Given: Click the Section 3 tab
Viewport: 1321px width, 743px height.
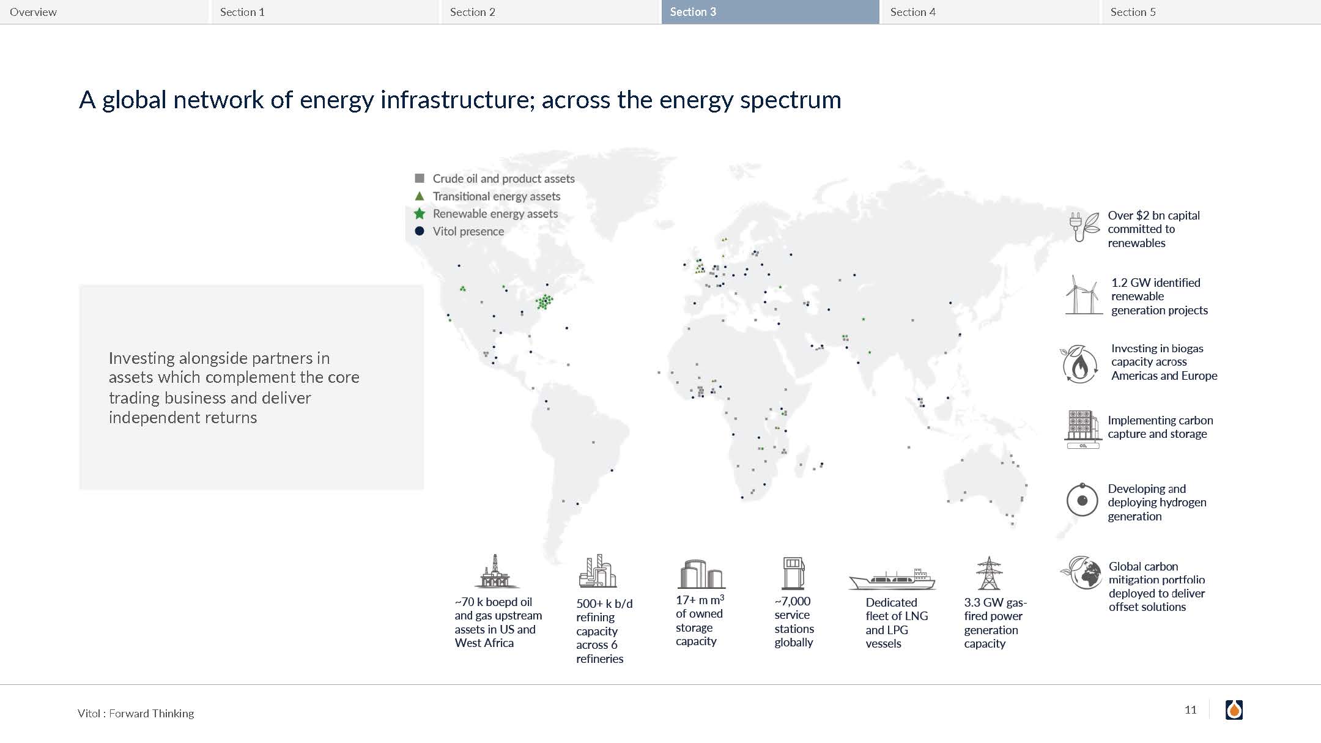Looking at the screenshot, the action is point(770,12).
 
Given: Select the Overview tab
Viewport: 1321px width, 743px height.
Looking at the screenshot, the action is point(104,12).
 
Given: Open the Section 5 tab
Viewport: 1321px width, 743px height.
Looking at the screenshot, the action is point(1211,12).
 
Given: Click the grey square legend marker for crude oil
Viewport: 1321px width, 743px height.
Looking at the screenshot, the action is point(420,179).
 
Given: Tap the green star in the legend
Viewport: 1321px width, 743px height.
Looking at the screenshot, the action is point(420,213).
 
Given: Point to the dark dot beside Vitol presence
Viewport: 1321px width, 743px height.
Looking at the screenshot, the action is point(420,231).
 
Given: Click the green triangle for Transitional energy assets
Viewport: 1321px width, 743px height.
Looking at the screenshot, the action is point(420,196).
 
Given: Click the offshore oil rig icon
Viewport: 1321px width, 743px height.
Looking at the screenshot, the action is point(496,571).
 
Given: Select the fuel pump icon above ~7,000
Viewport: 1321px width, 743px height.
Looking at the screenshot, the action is point(793,573).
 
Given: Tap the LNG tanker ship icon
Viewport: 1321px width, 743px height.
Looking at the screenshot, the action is point(892,579).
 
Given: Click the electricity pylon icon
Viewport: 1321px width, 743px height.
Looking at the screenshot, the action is point(988,573).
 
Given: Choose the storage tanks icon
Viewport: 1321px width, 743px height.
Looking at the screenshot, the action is point(701,574).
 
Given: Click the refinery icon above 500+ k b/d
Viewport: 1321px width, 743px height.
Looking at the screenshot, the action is point(598,571).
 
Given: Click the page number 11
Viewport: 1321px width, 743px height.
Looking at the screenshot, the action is point(1190,710).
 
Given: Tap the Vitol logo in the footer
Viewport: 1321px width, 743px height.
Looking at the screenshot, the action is point(1234,710).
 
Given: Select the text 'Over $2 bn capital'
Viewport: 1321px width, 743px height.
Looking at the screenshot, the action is point(1153,215).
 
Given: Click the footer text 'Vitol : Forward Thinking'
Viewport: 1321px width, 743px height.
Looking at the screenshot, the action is point(136,714).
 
